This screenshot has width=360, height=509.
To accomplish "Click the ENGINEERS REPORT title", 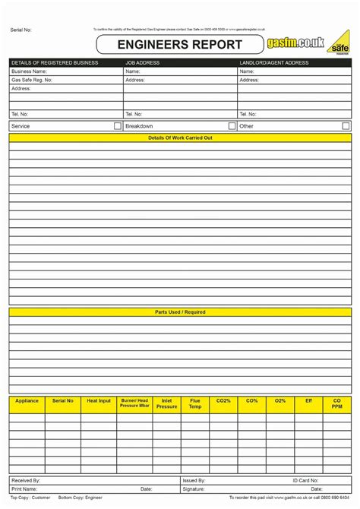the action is [x=179, y=45].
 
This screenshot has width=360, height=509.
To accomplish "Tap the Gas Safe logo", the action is [x=339, y=44].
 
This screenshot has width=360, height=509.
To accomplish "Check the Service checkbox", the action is [x=118, y=126].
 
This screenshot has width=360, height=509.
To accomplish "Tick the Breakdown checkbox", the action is [x=232, y=126].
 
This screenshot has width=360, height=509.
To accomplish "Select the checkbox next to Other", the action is [x=346, y=126].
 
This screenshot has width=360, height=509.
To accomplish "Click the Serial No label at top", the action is [x=21, y=30].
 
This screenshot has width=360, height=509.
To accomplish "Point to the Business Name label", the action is [x=29, y=71].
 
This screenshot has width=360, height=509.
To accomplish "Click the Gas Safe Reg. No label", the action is [x=32, y=80].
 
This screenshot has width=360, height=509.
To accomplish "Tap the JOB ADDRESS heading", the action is [x=143, y=63].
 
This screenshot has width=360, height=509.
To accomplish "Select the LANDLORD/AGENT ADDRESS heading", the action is [x=273, y=63].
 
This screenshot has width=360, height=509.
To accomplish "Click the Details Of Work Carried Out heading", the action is [x=180, y=138].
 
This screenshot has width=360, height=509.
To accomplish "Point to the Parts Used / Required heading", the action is [x=180, y=311].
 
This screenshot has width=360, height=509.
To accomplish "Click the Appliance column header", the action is [x=27, y=400].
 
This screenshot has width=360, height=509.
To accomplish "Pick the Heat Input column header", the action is [x=99, y=400].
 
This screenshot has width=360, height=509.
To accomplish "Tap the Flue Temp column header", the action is [x=195, y=403].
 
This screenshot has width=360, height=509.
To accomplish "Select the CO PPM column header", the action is [x=337, y=403].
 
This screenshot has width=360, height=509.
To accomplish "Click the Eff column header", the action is [x=308, y=400].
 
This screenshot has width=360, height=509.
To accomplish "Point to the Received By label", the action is [x=26, y=481].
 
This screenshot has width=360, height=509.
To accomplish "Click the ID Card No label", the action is [x=306, y=481].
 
